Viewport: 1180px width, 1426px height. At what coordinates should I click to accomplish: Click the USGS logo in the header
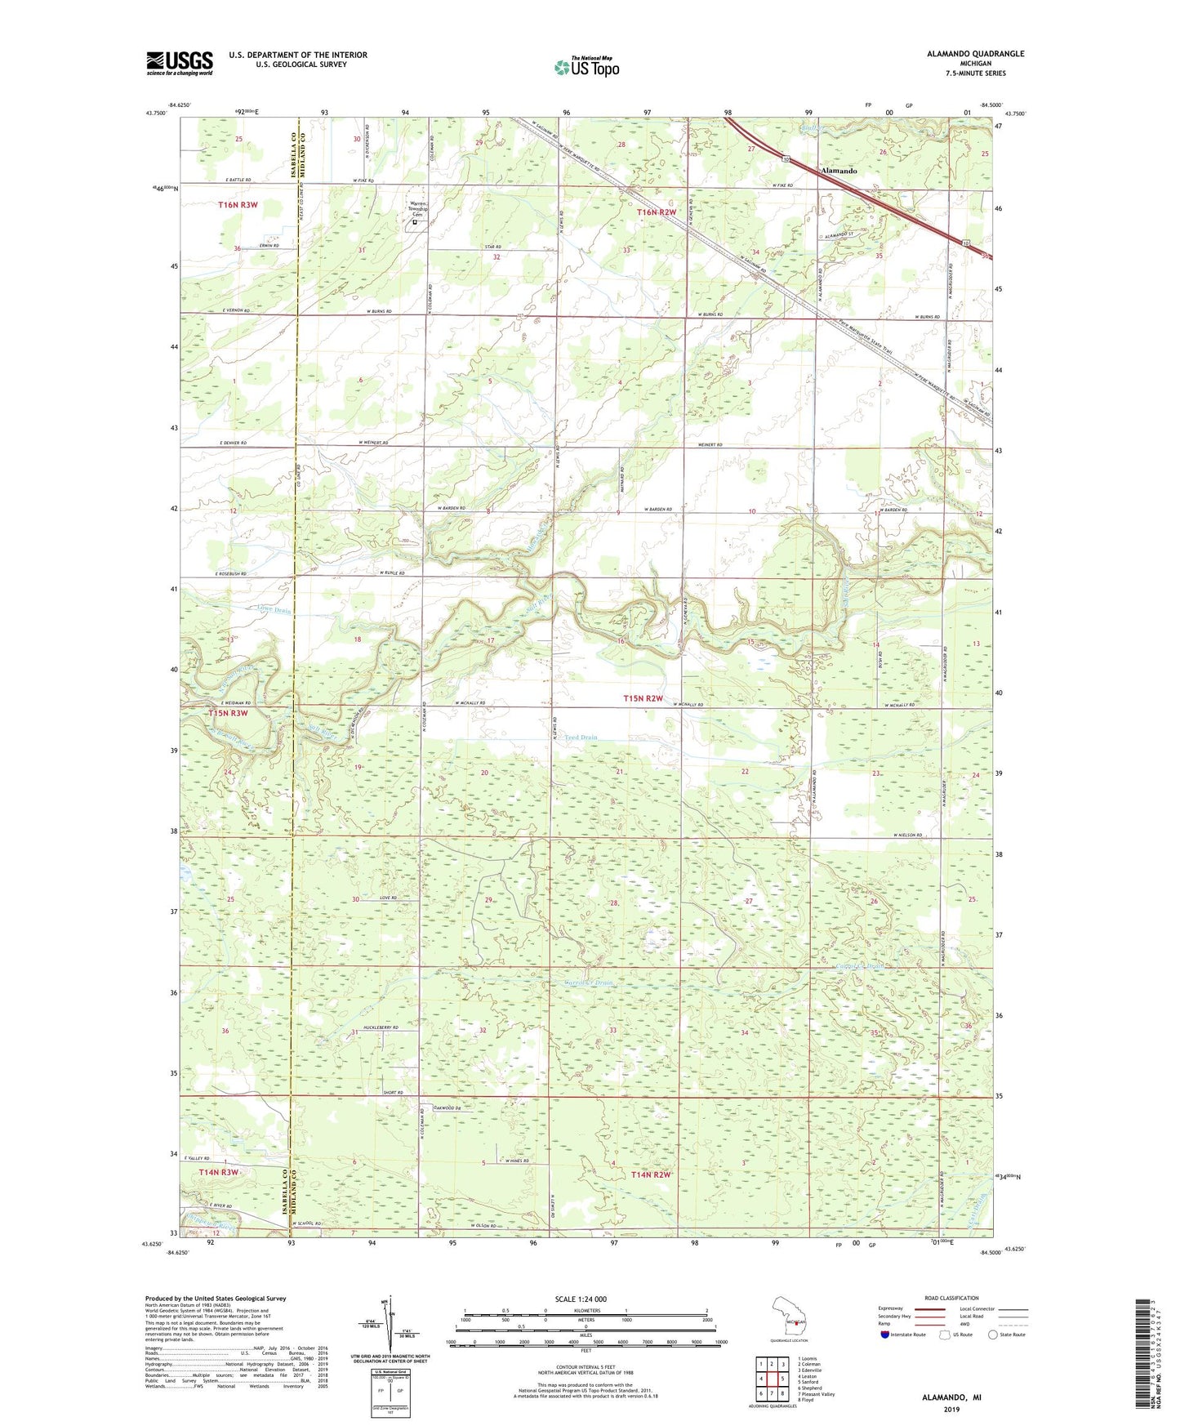coord(180,63)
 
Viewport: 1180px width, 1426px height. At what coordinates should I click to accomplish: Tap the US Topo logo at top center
coord(586,67)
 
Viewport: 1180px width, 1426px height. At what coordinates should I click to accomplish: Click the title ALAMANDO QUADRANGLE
coord(975,54)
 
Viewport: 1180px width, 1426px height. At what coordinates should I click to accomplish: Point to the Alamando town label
coord(839,171)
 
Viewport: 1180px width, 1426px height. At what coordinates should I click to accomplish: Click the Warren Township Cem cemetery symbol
coord(414,221)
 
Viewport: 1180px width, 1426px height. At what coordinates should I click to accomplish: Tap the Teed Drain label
coord(581,738)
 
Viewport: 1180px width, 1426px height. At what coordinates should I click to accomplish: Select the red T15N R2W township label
coord(643,698)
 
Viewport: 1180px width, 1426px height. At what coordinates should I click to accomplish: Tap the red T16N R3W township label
coord(238,205)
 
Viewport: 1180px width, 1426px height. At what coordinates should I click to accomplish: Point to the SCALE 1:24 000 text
coord(581,1299)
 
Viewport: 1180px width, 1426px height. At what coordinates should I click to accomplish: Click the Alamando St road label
coord(839,236)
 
